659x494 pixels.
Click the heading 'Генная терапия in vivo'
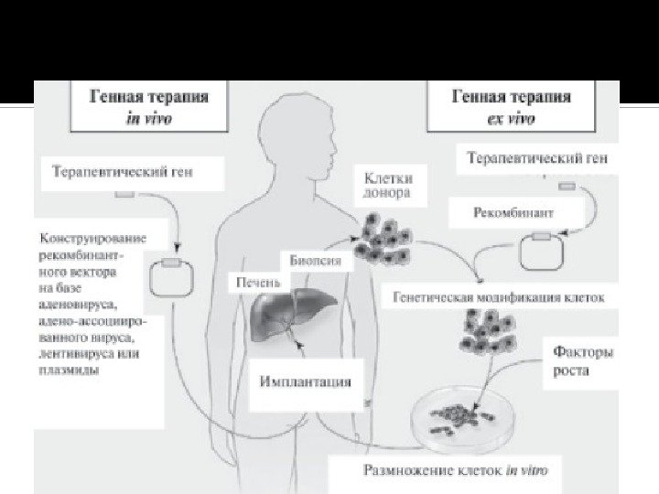coord(146,106)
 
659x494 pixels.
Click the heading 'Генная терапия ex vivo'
coord(513,106)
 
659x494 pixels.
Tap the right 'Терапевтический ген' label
coord(537,158)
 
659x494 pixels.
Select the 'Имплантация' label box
coord(305,381)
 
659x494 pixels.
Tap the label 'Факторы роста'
coord(582,360)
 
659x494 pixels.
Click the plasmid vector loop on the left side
coord(171,278)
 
